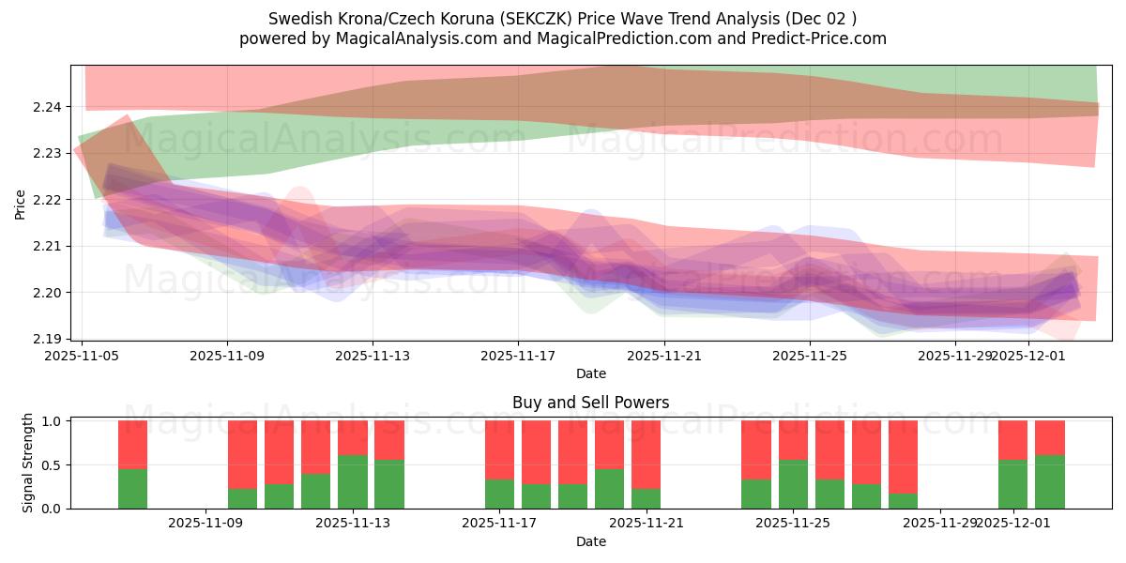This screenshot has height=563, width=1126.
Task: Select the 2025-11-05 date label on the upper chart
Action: [82, 356]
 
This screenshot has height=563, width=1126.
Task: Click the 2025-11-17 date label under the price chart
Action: [518, 356]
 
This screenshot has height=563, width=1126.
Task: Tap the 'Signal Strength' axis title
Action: [28, 463]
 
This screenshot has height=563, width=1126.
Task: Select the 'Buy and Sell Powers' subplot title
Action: [590, 403]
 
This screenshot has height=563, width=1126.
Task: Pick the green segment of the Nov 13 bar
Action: [353, 481]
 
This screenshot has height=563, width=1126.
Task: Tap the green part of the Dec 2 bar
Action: [1049, 481]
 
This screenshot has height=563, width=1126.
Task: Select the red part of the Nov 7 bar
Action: [132, 444]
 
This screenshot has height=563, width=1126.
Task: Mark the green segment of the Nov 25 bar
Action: [793, 484]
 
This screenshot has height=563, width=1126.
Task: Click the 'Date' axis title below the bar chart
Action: [590, 541]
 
